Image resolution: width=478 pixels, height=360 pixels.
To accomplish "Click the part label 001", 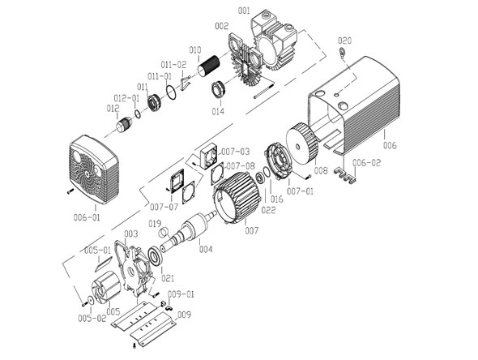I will pos(244,11).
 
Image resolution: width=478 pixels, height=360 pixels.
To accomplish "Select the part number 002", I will pos(220,27).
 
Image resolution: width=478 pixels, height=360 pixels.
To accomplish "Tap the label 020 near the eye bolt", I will pos(344,40).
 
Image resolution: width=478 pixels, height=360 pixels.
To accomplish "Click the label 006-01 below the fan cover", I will pos(87,217).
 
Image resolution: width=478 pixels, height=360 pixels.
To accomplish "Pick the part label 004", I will pos(206,249).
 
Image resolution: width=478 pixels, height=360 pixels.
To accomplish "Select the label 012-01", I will pos(131,98).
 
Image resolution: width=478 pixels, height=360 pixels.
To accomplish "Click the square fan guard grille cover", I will pos(95,167).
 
